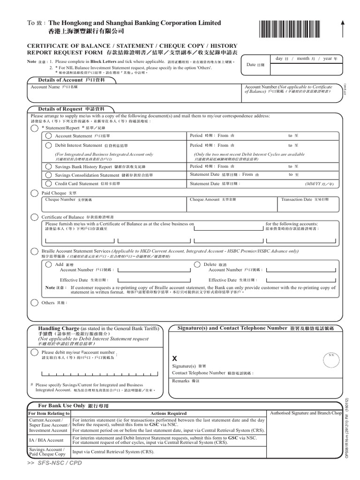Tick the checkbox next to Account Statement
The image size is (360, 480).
pyautogui.click(x=49, y=136)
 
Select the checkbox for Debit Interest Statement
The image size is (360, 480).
pyautogui.click(x=49, y=146)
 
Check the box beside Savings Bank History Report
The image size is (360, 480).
pyautogui.click(x=49, y=166)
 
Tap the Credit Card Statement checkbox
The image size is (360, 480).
pyautogui.click(x=49, y=184)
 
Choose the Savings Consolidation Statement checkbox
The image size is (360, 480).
pyautogui.click(x=49, y=175)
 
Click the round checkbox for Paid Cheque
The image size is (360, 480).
pyautogui.click(x=34, y=193)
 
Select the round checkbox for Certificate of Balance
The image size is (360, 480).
pyautogui.click(x=34, y=217)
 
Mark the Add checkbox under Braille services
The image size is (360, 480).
pyautogui.click(x=48, y=264)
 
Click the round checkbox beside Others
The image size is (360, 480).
pyautogui.click(x=34, y=303)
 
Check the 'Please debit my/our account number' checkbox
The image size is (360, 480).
pyautogui.click(x=34, y=352)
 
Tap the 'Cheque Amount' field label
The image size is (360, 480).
pyautogui.click(x=205, y=200)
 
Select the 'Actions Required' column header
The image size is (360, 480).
pyautogui.click(x=167, y=413)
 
